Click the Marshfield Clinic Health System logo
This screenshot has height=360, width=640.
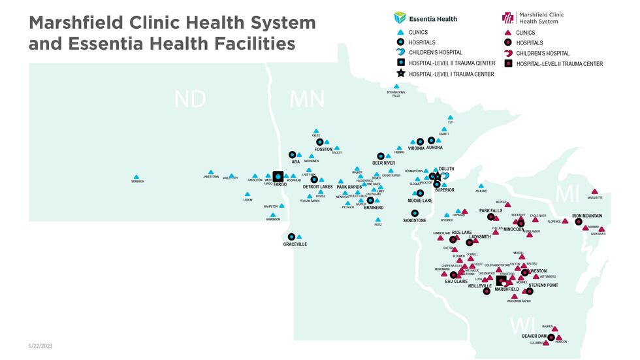pos(532,18)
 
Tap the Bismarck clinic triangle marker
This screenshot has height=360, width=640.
pos(136,177)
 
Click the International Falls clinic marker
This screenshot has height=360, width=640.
pos(396,86)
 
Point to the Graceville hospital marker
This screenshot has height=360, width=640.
pos(292,237)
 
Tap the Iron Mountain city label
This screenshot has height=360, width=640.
pos(587,216)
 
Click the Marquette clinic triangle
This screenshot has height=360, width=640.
pos(595,192)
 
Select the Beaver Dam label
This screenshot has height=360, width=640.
pos(534,336)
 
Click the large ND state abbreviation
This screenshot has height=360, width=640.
pos(189,99)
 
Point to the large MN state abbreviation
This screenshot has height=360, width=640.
pos(307,99)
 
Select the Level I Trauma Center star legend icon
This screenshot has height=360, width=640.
pos(399,74)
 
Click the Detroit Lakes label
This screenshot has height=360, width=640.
pos(317,187)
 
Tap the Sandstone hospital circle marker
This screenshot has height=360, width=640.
pos(414,213)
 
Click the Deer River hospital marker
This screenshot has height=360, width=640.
pos(381,156)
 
